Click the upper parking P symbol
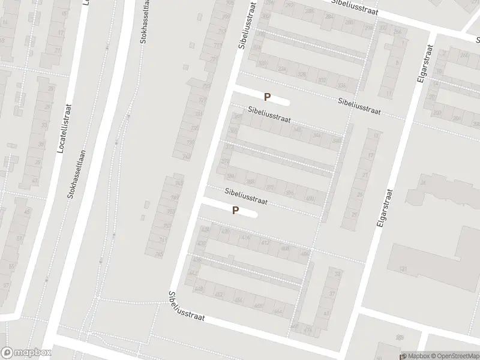268,97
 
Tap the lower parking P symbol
236,211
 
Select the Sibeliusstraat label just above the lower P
245,194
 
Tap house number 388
250,182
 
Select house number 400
310,198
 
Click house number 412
265,242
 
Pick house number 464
277,311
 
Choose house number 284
328,16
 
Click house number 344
317,135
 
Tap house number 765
178,182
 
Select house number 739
191,142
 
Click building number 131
404,268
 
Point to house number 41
326,313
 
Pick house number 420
226,231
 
